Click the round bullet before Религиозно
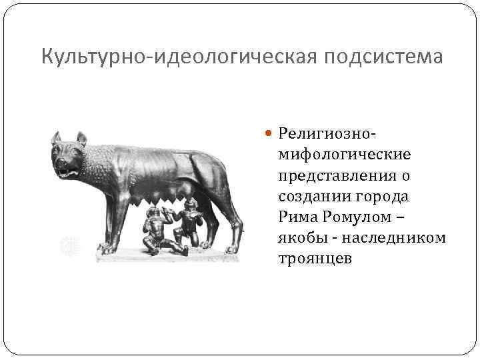269,133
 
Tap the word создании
313,197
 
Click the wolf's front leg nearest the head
107,220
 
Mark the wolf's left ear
56,138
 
